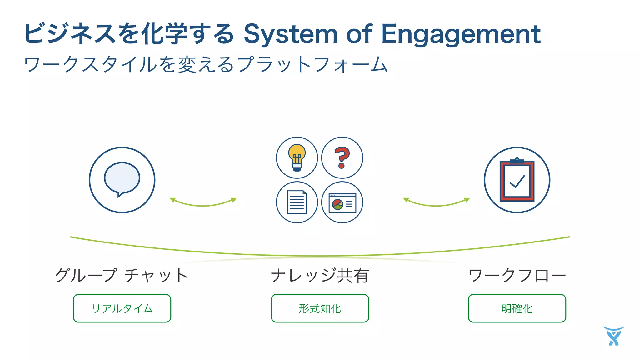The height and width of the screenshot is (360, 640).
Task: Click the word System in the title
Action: pos(290,34)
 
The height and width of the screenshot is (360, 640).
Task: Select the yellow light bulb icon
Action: pos(297,157)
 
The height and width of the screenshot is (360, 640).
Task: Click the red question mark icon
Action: pos(342,157)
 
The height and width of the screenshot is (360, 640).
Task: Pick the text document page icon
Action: pos(297,202)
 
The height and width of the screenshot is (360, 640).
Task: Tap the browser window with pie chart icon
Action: pos(342,203)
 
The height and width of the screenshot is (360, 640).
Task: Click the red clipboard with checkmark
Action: pos(517,180)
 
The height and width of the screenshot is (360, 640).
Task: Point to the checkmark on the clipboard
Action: pos(517,182)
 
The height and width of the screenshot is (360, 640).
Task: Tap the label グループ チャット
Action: pos(122,275)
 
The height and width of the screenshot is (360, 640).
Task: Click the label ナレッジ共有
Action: pos(320,275)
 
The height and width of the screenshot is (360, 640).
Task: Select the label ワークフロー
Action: pos(517,275)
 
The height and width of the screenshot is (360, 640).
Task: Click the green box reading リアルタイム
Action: pos(122,308)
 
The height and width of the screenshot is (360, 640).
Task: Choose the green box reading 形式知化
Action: pos(320,308)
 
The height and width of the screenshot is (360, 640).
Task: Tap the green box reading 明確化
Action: pos(517,308)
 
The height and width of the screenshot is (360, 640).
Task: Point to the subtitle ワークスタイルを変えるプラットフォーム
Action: pos(206,64)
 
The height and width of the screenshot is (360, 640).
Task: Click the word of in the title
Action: pos(359,34)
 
